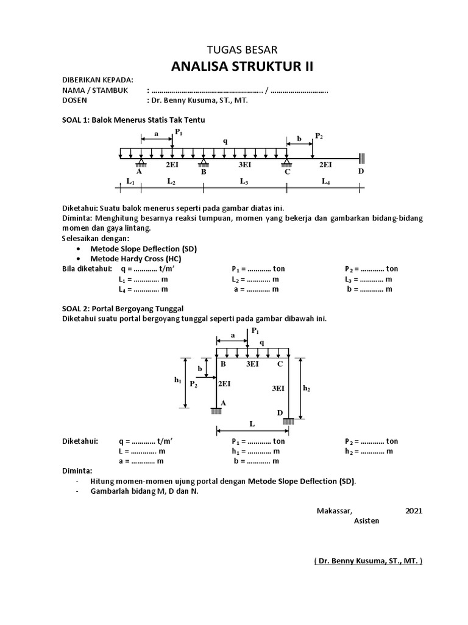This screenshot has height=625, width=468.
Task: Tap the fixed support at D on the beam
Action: coord(361,157)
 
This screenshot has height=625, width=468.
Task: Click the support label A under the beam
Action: coord(140,172)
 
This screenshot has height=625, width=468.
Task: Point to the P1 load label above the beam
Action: coord(179,132)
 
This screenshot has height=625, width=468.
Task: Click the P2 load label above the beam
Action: coord(319,135)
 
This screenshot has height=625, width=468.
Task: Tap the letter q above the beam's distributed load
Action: coord(225,141)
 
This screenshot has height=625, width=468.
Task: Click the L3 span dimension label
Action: coord(244,182)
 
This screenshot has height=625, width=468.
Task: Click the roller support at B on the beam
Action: coord(204,163)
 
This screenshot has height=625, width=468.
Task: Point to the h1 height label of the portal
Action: coord(177,380)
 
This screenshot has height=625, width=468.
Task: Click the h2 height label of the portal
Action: coord(307,388)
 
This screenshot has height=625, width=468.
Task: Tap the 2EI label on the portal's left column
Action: coord(224,384)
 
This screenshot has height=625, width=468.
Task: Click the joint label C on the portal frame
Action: coord(280,364)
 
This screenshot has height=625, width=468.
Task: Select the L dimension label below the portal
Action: coord(252,423)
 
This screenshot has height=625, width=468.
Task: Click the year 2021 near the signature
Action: coord(413,511)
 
